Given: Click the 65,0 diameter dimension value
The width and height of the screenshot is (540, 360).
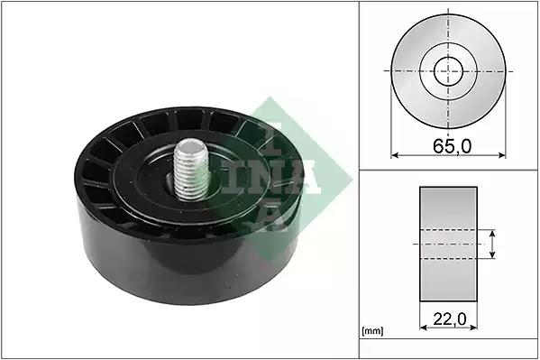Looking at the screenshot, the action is click(452, 146).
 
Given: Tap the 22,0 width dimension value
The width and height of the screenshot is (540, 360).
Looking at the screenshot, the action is click(450, 319).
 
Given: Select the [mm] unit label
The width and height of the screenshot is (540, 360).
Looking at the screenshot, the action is click(372, 331).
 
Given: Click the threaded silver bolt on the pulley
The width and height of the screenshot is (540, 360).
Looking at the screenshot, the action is click(191, 170).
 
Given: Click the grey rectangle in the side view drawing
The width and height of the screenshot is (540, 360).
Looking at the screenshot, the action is click(448, 244).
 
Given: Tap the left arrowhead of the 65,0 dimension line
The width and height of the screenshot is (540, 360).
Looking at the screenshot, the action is click(395, 155).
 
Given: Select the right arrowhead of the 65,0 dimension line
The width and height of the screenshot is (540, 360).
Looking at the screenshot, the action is click(502, 155).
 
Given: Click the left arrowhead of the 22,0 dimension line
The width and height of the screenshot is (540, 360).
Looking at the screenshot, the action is click(424, 328).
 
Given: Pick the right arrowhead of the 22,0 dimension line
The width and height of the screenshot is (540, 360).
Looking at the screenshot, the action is click(473, 328).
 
